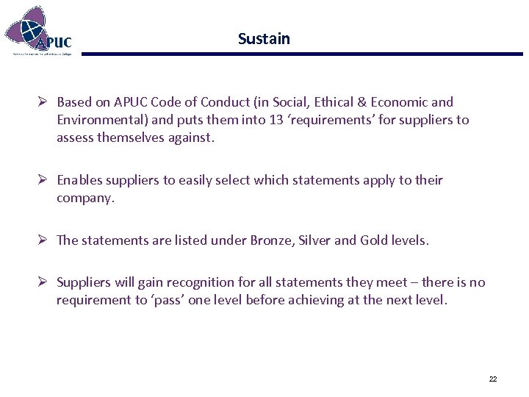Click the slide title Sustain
[264, 39]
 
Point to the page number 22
[492, 379]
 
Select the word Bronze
[271, 240]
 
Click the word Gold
[375, 240]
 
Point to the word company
[84, 198]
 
